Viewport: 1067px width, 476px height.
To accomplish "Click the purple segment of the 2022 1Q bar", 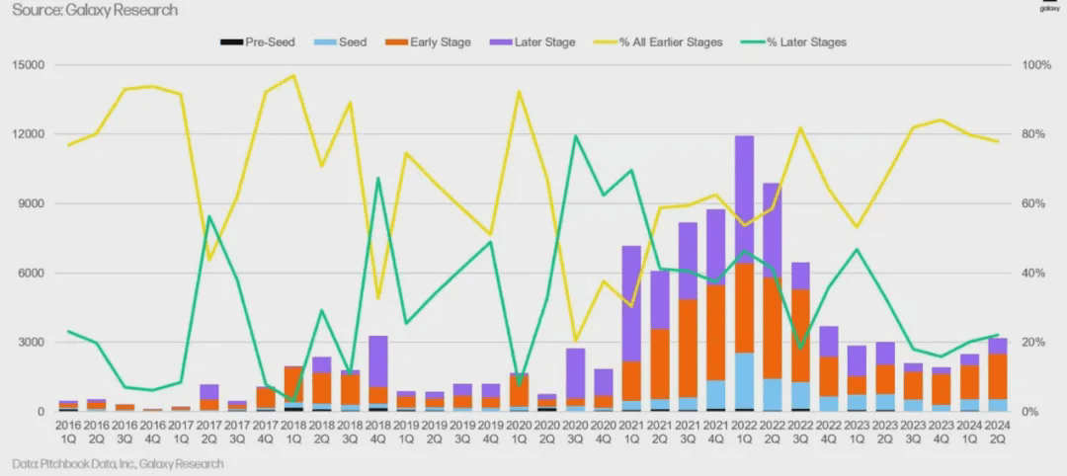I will coord(744,198).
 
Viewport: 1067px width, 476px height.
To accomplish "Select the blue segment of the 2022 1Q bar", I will coord(744,380).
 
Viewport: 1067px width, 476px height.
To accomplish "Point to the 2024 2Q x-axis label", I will coord(998,430).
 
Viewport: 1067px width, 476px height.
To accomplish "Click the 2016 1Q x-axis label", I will coord(68,430).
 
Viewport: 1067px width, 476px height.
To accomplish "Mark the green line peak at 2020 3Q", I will coord(576,136).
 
